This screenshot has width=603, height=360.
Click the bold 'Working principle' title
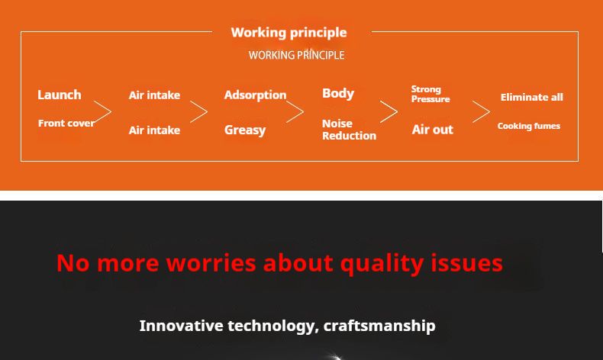[289, 33]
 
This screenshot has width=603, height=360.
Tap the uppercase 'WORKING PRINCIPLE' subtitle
[296, 56]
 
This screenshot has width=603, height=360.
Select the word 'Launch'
[60, 95]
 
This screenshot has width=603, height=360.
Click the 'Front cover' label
[66, 123]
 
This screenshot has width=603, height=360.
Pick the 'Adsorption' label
[256, 95]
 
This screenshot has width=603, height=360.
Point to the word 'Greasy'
[245, 130]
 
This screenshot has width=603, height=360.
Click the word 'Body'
[338, 93]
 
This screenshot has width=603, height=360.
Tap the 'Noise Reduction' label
[349, 130]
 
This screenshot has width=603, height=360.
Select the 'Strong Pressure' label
[430, 94]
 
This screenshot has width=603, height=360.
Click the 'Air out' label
[433, 130]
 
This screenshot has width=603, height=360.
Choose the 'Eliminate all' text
[532, 97]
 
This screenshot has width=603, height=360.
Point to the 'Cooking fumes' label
[529, 126]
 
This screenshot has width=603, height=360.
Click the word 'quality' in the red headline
[382, 264]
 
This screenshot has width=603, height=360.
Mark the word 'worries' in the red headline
[211, 263]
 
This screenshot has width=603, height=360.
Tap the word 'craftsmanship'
[379, 326]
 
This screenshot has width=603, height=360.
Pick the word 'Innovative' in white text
[181, 326]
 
